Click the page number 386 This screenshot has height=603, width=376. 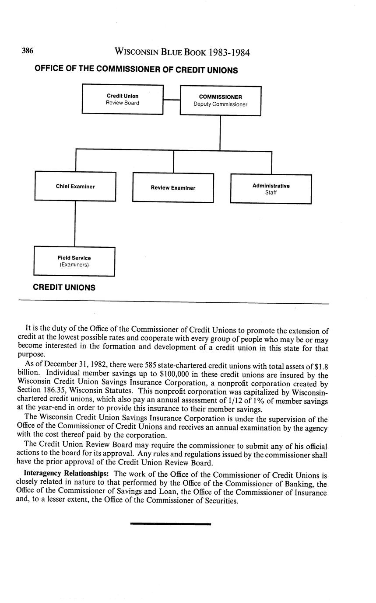(x=28, y=51)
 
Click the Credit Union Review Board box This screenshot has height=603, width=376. (x=123, y=99)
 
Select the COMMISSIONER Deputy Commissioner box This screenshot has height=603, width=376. (x=220, y=100)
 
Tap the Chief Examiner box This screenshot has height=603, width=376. (x=75, y=187)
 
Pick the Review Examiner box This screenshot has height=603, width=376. (x=173, y=188)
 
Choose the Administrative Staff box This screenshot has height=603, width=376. (x=271, y=189)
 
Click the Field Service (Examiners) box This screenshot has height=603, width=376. (x=74, y=261)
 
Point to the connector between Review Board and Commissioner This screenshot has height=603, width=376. (x=172, y=100)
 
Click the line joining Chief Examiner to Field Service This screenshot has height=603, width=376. (x=75, y=224)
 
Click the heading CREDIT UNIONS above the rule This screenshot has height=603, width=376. (x=64, y=288)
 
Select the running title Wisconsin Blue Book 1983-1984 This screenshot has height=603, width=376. (x=182, y=52)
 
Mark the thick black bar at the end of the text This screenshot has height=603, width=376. (x=170, y=523)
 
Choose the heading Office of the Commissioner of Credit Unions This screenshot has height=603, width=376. (x=136, y=70)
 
